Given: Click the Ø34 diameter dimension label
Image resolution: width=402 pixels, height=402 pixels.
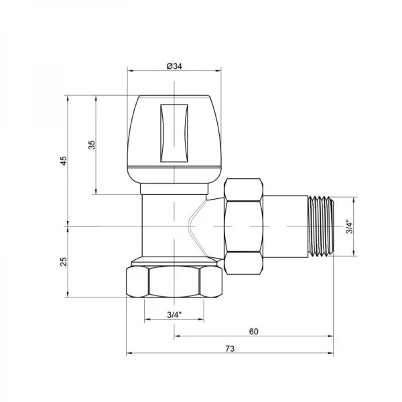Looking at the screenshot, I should point(174,66).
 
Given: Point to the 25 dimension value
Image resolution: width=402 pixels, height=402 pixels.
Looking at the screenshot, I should point(64,261).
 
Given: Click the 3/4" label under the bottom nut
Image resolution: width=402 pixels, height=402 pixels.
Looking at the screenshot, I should point(174,314).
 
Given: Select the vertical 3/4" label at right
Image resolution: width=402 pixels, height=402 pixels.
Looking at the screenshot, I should point(348,226).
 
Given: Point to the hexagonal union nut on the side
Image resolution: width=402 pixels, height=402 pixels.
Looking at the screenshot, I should point(244,226).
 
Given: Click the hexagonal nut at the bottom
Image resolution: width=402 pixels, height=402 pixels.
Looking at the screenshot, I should point(174,281).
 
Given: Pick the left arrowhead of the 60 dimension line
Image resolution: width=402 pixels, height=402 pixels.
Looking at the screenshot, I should point(177,336).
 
